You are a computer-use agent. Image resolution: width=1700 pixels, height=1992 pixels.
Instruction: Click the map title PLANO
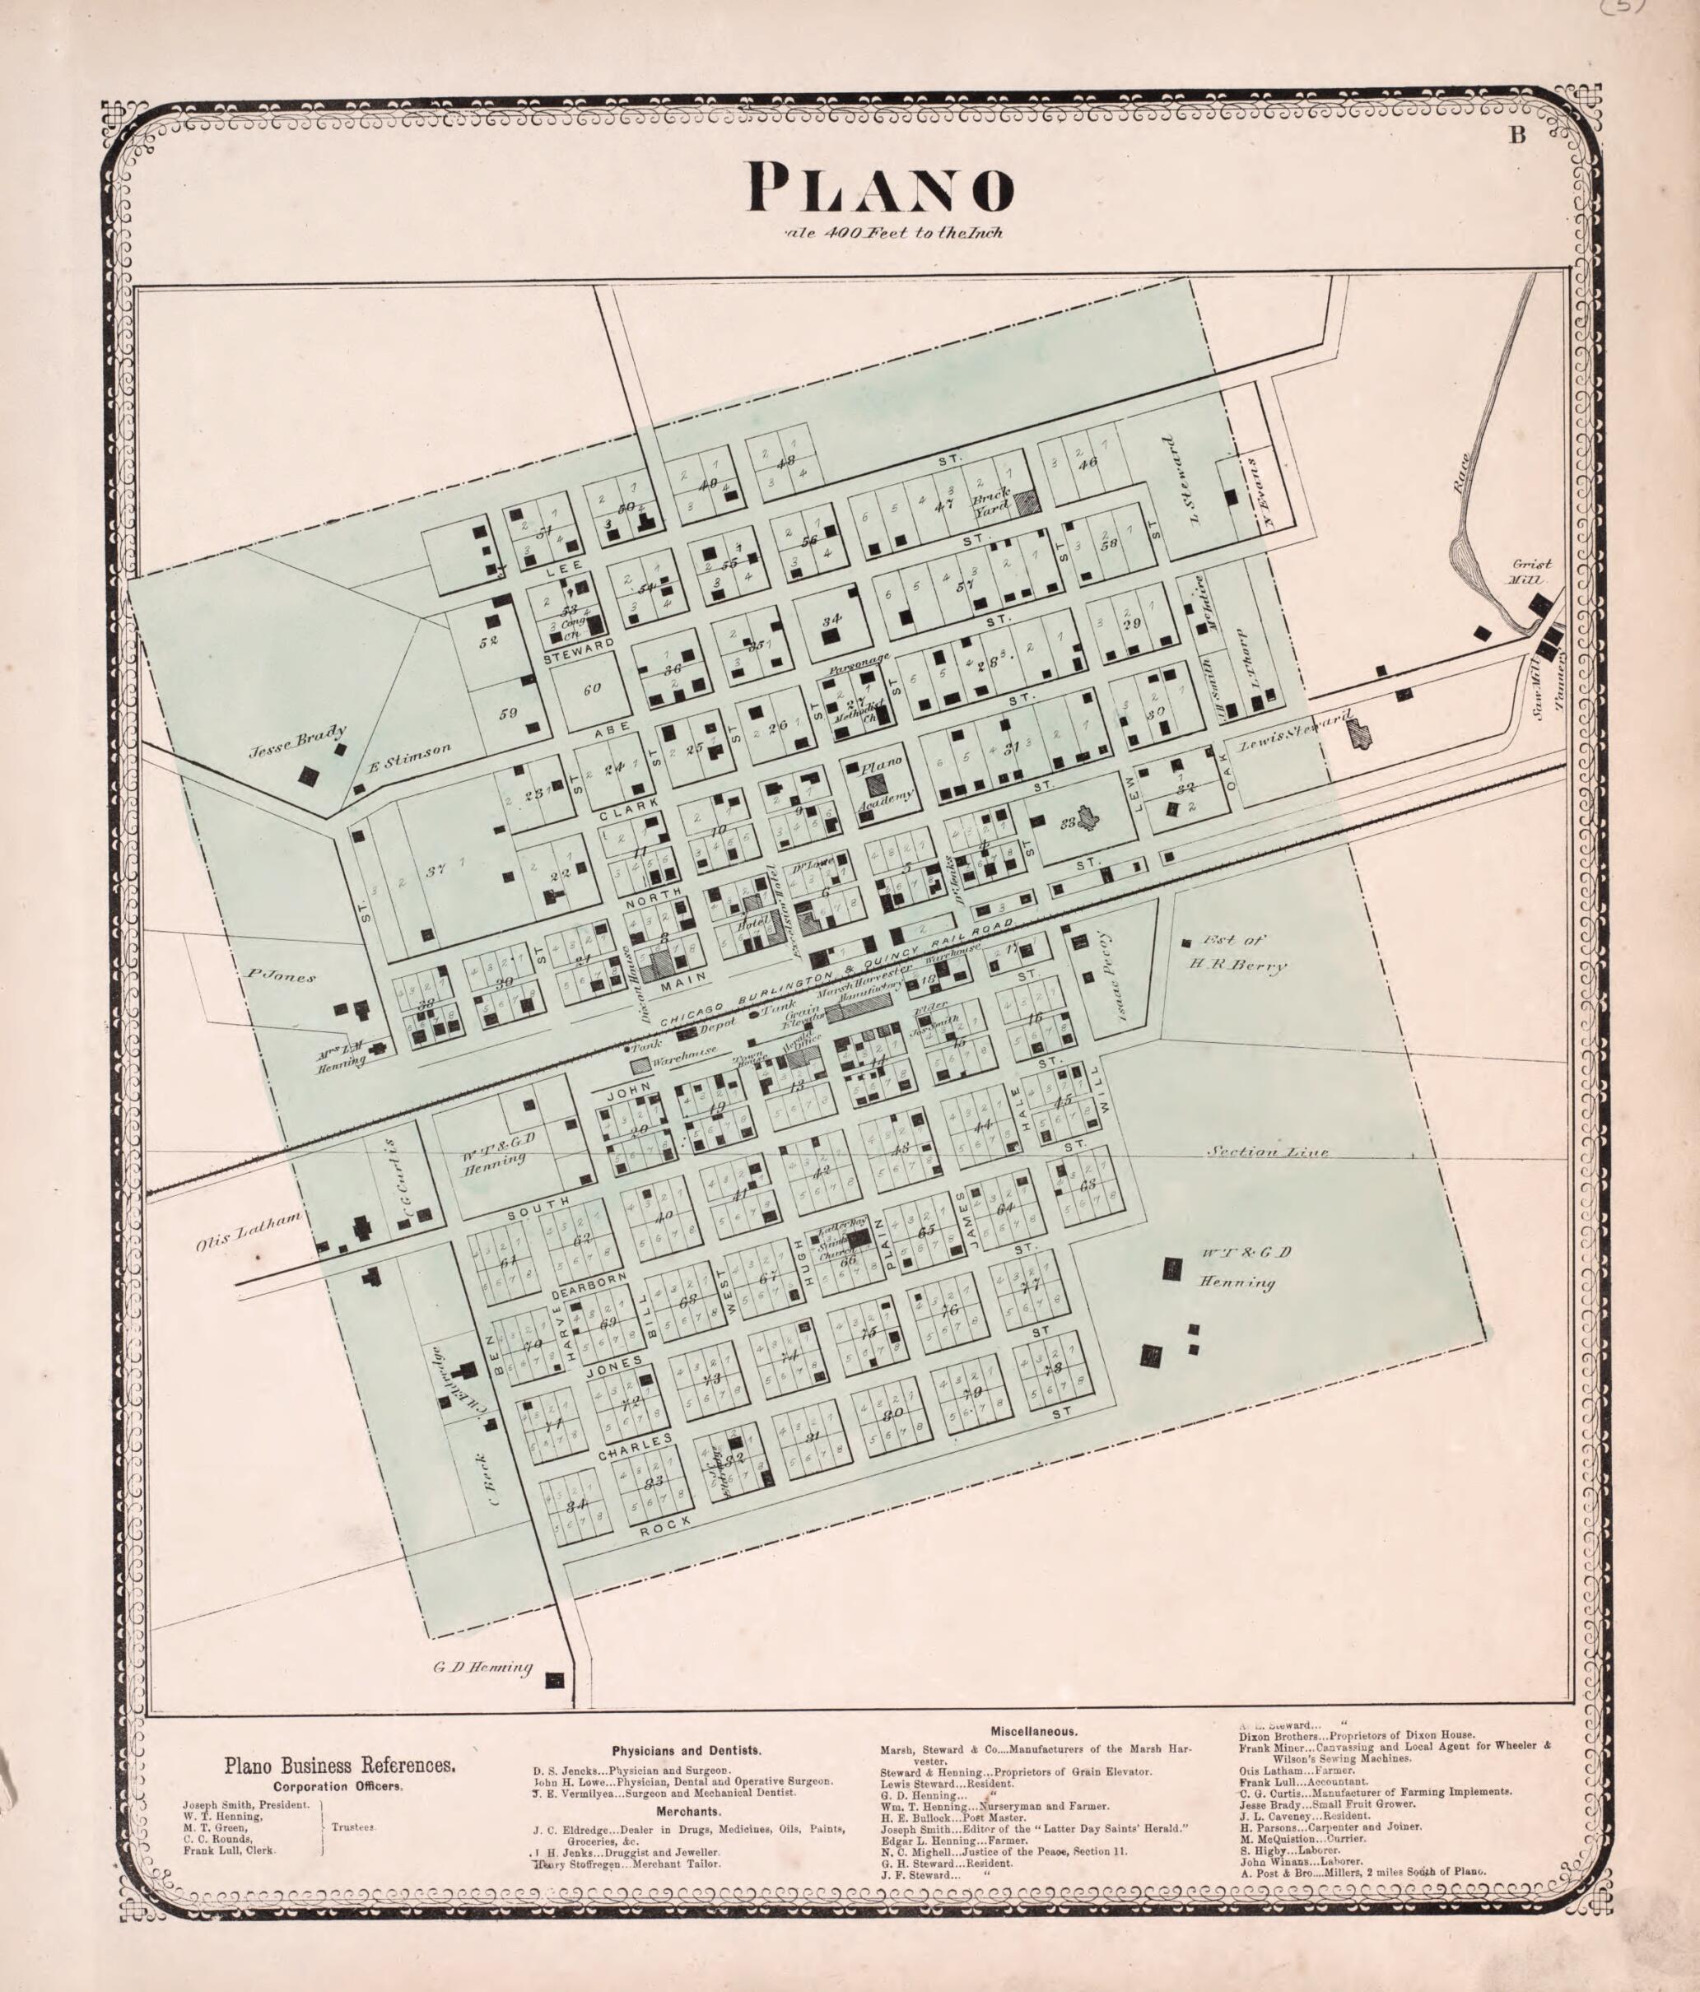(880, 188)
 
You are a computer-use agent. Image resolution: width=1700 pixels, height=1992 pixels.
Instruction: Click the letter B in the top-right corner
(1517, 136)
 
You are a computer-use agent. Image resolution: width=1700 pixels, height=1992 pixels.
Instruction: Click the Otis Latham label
(249, 1231)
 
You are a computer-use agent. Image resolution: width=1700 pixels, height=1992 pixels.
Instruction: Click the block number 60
(591, 688)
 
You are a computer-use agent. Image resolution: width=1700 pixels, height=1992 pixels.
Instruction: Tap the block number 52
(490, 641)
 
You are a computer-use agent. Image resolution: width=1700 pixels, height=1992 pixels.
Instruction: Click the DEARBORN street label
(589, 1287)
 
